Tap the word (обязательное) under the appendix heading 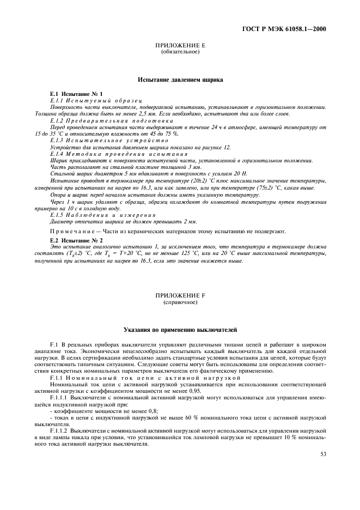180,52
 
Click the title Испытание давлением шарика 180,80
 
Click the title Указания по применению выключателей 180,330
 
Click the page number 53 323,453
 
